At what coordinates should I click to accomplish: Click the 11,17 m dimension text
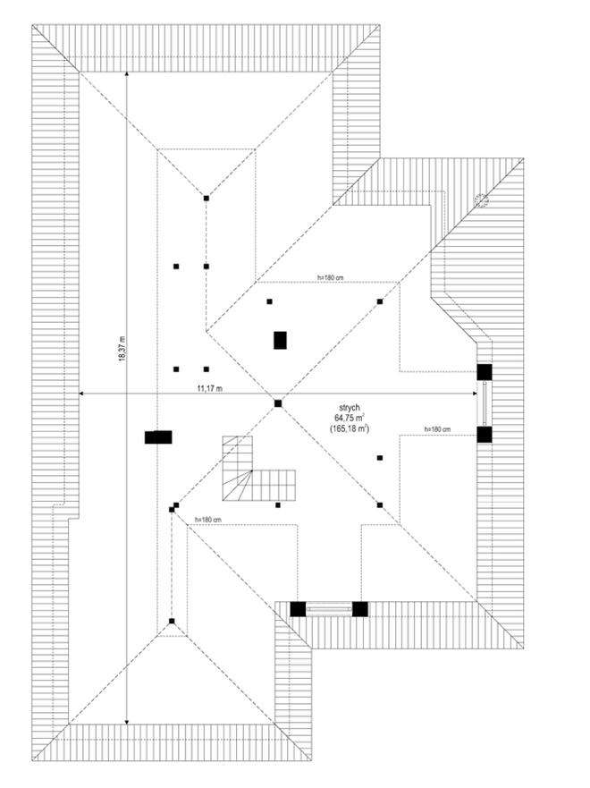tap(209, 388)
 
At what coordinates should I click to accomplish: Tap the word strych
tap(350, 407)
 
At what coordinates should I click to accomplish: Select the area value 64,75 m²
tap(350, 418)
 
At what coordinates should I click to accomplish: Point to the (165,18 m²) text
tap(350, 429)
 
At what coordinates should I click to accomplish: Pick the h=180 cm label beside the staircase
tap(206, 520)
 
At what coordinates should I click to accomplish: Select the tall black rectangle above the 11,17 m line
tap(280, 340)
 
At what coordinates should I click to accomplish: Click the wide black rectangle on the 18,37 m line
tap(158, 437)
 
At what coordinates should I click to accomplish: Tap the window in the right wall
tap(485, 403)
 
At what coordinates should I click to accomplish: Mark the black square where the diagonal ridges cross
tap(278, 403)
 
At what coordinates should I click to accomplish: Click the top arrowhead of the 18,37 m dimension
tap(126, 75)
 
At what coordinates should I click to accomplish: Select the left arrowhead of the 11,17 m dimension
tap(81, 394)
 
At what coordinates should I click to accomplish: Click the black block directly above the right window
tap(485, 372)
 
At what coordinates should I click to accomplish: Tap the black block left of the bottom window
tap(298, 609)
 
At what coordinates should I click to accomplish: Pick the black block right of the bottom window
tap(359, 609)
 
